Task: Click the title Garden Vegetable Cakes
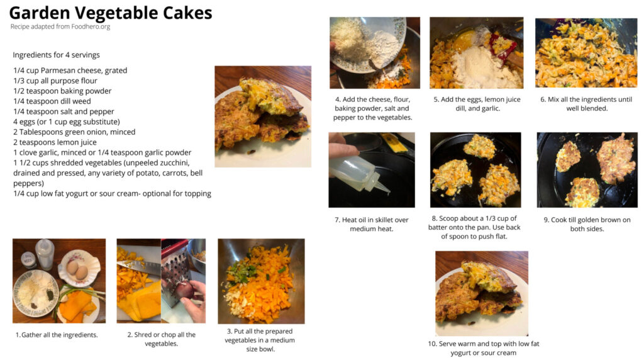point(111,13)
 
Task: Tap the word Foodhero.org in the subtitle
point(91,26)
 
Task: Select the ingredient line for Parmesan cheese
point(70,70)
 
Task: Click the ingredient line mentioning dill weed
point(52,101)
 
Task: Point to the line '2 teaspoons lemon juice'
point(55,142)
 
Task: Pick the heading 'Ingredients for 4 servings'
point(56,55)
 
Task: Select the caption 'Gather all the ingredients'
point(57,335)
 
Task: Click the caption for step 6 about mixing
point(587,104)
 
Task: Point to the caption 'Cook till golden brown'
point(587,225)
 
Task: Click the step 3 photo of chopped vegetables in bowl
point(261,281)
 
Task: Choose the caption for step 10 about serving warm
point(484,348)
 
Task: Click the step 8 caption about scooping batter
point(474,227)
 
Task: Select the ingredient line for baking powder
point(62,91)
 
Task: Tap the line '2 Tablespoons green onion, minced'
point(74,132)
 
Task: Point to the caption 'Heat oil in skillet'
point(371,225)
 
